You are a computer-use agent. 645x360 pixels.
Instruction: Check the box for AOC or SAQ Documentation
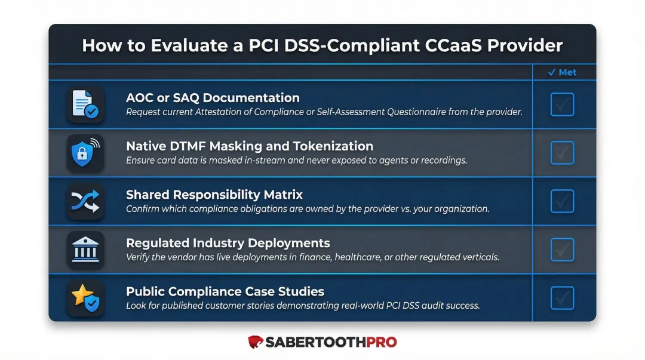(562, 104)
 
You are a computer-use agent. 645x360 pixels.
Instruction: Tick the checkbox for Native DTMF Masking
(562, 153)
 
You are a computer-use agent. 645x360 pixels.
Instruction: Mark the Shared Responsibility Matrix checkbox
(562, 201)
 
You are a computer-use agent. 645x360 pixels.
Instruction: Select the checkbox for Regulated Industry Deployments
(562, 250)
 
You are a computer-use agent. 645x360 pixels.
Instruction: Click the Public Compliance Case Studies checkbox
(562, 298)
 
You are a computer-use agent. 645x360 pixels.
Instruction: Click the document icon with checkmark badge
(85, 104)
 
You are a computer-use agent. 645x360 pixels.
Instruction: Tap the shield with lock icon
(85, 153)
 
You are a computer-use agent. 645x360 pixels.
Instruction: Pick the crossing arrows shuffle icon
(85, 201)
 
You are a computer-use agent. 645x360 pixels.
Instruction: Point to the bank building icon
(85, 250)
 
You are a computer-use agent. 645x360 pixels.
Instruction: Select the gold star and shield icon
(85, 298)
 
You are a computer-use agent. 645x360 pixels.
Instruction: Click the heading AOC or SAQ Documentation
(213, 98)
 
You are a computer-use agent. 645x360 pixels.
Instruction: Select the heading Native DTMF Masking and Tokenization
(250, 146)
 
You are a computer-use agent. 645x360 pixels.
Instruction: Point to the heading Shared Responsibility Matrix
(214, 195)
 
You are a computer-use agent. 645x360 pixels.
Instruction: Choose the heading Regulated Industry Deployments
(228, 243)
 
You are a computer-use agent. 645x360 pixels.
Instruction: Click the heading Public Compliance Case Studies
(225, 291)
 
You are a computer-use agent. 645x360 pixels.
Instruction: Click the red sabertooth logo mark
(256, 342)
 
